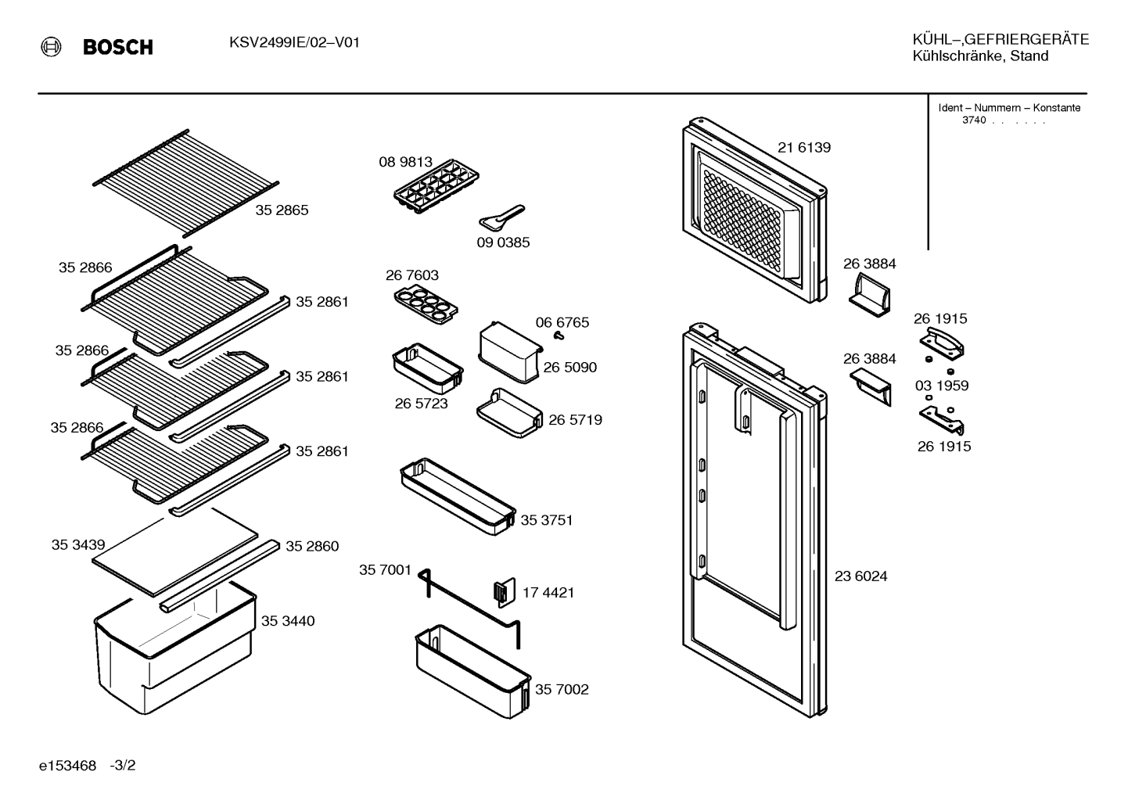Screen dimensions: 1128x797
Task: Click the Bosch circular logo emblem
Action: click(51, 47)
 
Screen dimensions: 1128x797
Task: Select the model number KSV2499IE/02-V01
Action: click(295, 42)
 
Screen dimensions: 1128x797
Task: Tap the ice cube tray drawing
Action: click(436, 186)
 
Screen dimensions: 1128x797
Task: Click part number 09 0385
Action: click(503, 242)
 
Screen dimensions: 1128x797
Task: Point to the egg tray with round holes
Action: click(426, 303)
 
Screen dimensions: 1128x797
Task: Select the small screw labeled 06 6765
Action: click(558, 335)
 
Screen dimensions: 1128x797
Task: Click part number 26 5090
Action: click(569, 367)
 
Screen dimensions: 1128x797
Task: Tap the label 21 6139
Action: click(804, 148)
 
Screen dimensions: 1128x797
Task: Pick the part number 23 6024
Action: click(861, 576)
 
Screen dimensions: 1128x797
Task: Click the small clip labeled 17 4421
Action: click(505, 592)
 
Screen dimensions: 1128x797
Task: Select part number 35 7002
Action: click(562, 689)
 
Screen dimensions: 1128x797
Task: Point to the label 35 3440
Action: click(288, 621)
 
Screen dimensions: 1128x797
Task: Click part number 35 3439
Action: click(78, 544)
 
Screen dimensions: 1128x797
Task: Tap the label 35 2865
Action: click(282, 210)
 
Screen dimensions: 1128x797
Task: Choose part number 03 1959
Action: click(942, 386)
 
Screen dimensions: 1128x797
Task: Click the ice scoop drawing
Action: click(501, 217)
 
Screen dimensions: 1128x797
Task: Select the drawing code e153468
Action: click(67, 766)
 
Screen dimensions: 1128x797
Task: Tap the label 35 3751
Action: click(546, 520)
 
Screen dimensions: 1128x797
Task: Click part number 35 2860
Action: click(312, 546)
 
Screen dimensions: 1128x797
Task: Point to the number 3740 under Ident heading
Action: click(974, 120)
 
